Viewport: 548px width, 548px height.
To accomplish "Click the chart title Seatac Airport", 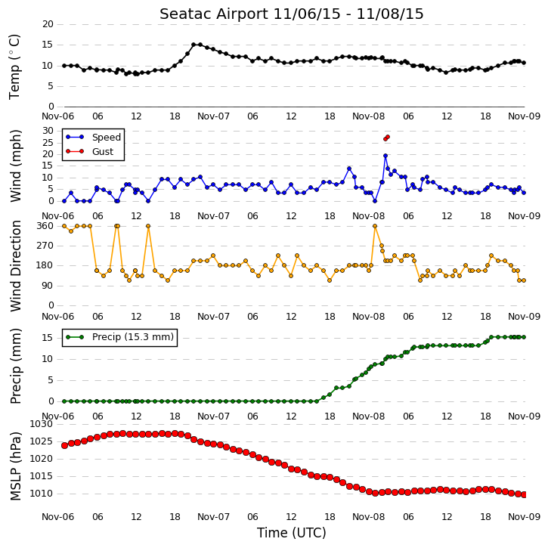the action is point(214,14).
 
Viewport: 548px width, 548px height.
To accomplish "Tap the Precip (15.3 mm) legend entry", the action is point(120,337).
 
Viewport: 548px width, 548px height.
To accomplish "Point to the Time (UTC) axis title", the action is point(292,533).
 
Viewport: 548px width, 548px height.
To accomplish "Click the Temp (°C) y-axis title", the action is point(14,67).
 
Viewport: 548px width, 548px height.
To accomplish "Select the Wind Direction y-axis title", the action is point(15,266).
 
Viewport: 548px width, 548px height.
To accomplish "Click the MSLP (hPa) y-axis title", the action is point(15,466).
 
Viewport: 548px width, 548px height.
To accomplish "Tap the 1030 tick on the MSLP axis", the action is point(42,424).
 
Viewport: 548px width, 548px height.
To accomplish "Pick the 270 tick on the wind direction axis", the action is point(45,246).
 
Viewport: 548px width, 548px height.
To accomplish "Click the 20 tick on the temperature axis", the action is point(48,24).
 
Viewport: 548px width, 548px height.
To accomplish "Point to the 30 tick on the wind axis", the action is point(48,131).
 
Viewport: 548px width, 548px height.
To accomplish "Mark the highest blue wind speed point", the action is point(385,156).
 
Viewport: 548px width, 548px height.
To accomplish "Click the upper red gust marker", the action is point(388,137).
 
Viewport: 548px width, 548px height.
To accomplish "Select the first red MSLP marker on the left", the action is point(64,445).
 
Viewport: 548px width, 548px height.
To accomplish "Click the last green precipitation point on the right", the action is point(524,337).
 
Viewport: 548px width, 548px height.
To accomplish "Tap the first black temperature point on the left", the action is point(64,66).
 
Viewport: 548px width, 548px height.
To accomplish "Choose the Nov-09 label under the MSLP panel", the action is point(524,516).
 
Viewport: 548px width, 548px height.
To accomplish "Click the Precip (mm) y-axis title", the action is point(15,366).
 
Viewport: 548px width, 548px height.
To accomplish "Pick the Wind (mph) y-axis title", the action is point(15,166).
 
